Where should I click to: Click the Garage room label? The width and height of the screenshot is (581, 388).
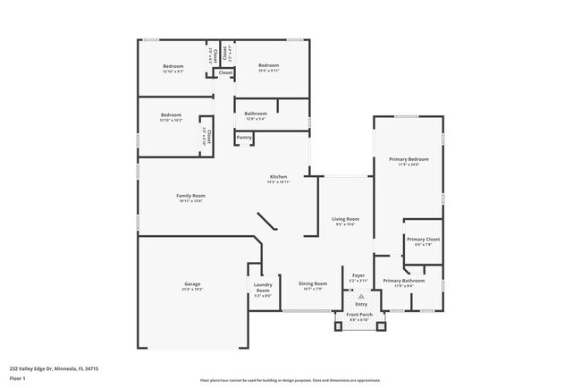[192, 283]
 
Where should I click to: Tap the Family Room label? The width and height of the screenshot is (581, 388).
[190, 195]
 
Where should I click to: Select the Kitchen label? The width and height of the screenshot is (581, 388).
[278, 177]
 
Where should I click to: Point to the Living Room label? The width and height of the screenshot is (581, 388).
[345, 218]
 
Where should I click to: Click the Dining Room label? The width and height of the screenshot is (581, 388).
[312, 283]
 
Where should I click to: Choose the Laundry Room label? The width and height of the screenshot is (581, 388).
[262, 287]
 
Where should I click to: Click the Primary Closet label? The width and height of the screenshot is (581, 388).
[422, 239]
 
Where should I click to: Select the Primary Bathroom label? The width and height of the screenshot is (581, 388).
[403, 281]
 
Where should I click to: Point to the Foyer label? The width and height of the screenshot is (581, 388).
[358, 275]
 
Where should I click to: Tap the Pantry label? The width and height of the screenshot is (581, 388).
[243, 137]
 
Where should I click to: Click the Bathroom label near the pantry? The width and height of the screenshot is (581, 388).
[256, 113]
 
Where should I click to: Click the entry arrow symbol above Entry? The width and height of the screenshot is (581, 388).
[359, 296]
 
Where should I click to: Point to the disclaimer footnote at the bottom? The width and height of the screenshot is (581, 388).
[290, 379]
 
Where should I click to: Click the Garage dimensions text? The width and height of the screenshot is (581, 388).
[192, 290]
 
